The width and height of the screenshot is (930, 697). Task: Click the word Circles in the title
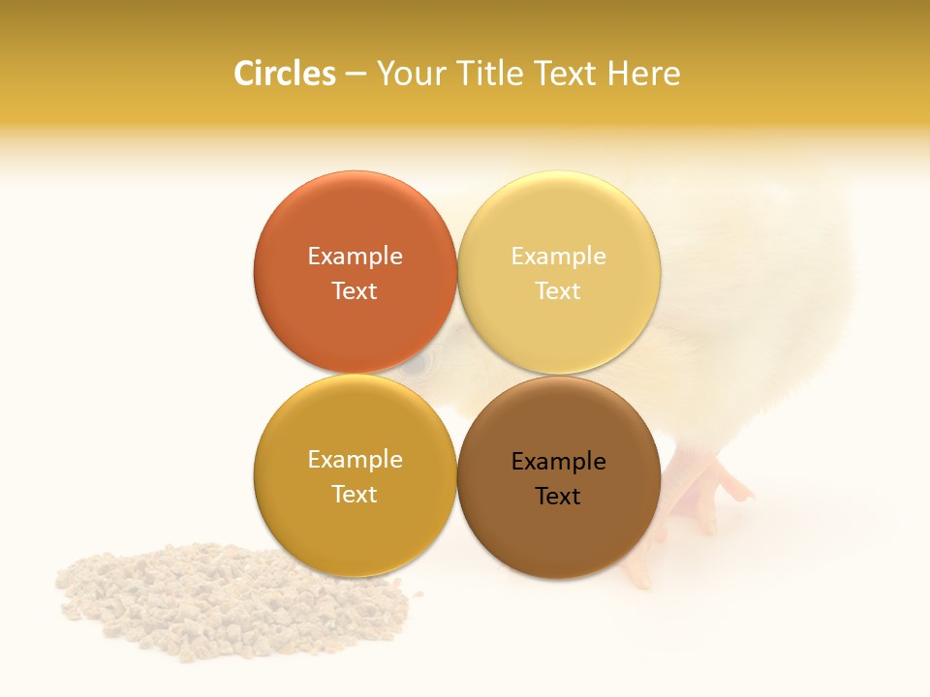coord(285,74)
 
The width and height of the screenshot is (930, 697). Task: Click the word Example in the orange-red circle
coord(355,256)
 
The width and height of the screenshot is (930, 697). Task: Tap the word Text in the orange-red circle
coord(355,290)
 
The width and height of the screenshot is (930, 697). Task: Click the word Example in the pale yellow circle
coord(558,256)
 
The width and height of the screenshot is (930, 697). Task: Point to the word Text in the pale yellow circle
coord(558,290)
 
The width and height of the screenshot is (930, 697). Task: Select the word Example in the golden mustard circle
coord(355,459)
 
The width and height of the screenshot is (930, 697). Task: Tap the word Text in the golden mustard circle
coord(355,494)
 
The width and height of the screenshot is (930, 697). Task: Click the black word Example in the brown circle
coord(558,461)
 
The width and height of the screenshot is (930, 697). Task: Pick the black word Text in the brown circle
coord(558,496)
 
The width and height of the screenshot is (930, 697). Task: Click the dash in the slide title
coord(356,75)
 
